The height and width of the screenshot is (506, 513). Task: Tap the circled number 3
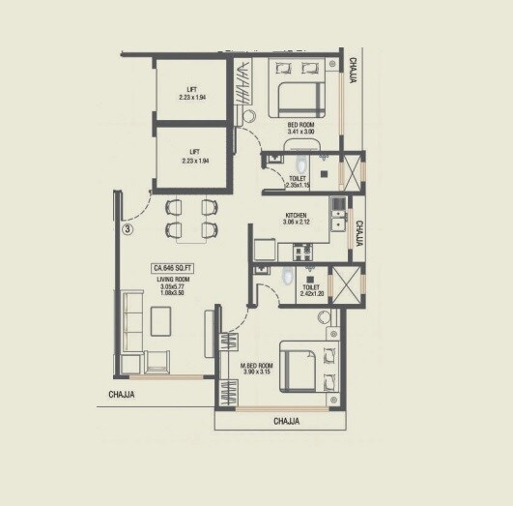[x=128, y=230]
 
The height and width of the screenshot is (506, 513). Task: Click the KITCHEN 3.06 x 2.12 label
[x=296, y=220]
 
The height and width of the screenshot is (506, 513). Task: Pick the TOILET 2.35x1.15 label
[x=299, y=183]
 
